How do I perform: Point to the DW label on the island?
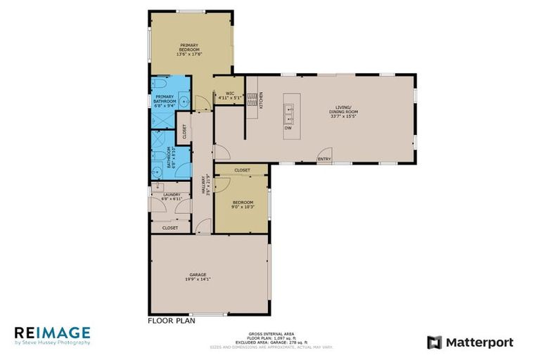point(288,128)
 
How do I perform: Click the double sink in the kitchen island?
point(288,109)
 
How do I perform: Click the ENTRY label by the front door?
point(324,159)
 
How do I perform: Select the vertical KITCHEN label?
point(262,101)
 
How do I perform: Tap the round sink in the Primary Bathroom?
point(184,101)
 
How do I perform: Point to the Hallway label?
point(205,184)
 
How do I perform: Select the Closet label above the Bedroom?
point(242,170)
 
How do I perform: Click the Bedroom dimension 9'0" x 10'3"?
point(242,207)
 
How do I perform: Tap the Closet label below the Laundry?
point(170,228)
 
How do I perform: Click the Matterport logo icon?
point(435,342)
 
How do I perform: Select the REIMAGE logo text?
point(51,333)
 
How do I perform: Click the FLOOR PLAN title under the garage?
point(171,320)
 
